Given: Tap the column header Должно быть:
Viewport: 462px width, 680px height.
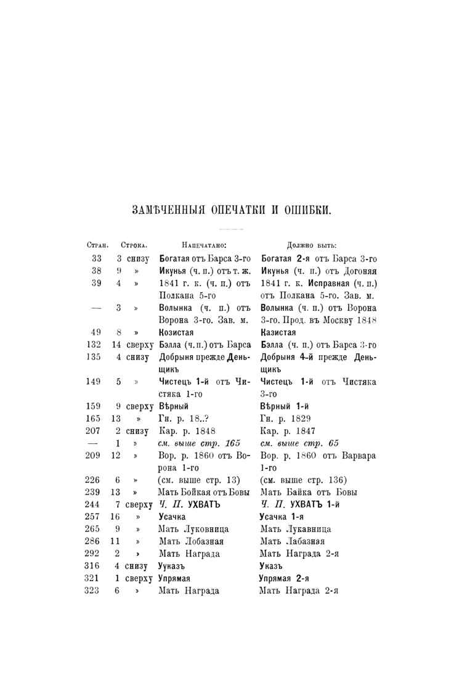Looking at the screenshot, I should (x=315, y=245).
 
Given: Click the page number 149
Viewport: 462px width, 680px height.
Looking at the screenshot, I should (x=94, y=382).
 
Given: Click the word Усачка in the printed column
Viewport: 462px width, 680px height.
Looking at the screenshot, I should (x=174, y=517).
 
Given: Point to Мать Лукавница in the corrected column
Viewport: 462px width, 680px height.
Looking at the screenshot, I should (x=296, y=529).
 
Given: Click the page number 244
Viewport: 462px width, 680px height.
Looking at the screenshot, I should (x=94, y=505).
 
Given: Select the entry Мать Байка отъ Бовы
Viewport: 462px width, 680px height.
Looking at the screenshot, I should (x=306, y=492).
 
